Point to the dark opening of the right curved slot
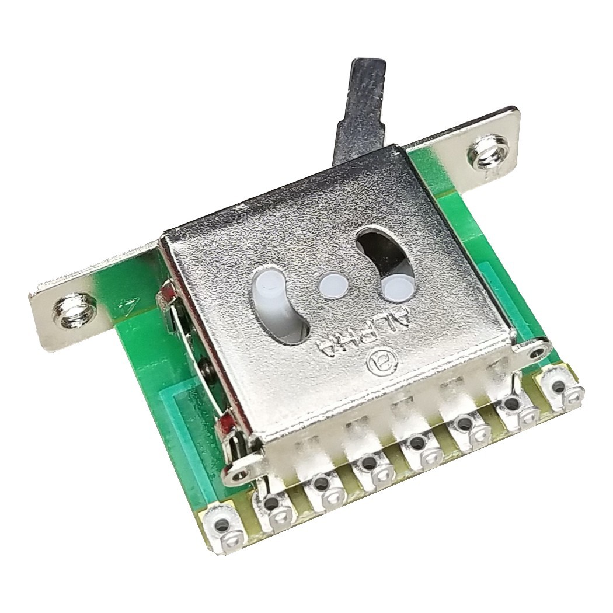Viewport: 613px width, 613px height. tap(382, 250)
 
